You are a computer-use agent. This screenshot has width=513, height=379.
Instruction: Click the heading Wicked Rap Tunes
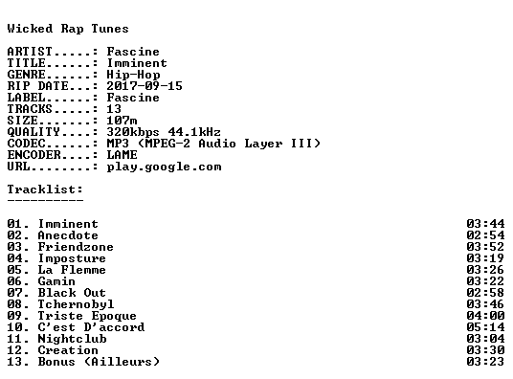pos(68,29)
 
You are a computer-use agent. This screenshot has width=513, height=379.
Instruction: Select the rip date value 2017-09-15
pos(145,86)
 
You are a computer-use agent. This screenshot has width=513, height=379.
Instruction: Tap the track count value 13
pos(114,109)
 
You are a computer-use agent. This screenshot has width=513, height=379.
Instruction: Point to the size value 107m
pos(122,121)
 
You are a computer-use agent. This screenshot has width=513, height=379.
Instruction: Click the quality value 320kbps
pos(133,132)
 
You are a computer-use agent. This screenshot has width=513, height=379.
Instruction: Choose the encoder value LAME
pos(122,155)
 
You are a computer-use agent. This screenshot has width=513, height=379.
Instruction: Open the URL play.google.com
pos(164,167)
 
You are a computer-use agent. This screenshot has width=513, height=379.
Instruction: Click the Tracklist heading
pos(45,189)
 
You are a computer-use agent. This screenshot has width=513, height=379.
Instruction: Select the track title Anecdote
pos(68,235)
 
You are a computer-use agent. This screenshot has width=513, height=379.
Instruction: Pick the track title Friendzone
pos(76,247)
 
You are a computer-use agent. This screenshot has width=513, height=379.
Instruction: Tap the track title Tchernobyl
pos(76,304)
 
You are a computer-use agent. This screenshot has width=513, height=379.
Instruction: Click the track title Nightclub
pos(72,339)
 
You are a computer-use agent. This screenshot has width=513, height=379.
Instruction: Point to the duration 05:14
pos(485,327)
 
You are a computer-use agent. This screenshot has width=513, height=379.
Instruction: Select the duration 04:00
pos(485,316)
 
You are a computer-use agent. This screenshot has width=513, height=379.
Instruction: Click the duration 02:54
pos(485,235)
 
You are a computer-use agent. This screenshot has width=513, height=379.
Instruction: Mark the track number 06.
pos(14,281)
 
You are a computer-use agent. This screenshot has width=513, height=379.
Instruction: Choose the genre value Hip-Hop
pos(133,75)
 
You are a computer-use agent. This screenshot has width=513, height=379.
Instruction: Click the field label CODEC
pos(26,144)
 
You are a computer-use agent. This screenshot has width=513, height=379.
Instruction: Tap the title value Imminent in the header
pos(137,63)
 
